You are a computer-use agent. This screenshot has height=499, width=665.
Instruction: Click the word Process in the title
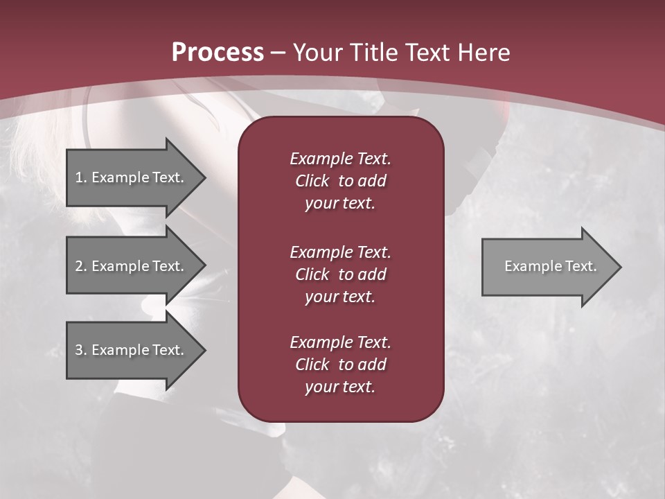218,53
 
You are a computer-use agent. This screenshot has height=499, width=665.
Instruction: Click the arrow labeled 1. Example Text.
132,177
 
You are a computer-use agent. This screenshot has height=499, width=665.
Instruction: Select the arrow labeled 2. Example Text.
132,266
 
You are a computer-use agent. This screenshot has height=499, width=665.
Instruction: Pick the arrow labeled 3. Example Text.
132,350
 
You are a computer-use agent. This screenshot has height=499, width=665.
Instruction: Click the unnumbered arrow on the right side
547,266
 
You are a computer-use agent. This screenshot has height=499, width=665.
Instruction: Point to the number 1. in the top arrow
81,177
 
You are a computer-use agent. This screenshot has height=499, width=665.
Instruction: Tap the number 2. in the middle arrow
81,266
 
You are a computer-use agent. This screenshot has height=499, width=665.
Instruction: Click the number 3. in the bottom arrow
81,350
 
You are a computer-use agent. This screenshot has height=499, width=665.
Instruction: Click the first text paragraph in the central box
340,181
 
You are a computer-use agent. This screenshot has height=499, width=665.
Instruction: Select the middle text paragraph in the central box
340,274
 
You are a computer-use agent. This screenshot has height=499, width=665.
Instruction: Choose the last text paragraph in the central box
340,365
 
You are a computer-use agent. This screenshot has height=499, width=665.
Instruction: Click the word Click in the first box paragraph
312,181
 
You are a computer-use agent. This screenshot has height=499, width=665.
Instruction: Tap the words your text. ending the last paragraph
340,387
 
